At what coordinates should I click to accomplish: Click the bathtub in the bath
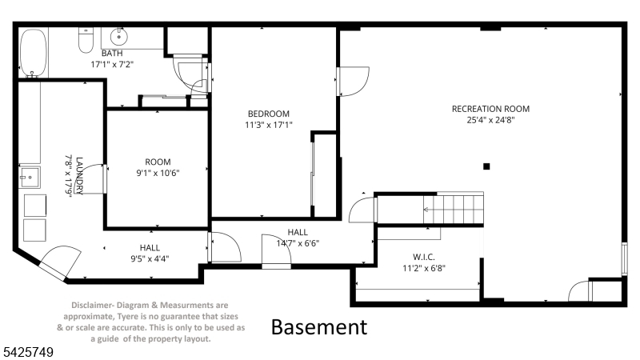pos(34,53)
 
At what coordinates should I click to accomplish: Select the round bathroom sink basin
pos(118,37)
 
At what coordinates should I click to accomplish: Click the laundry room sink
pos(30,177)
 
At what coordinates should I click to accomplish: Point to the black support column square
pos(486,166)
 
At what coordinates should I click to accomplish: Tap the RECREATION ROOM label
pos(490,109)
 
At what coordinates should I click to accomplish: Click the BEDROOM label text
pos(269,114)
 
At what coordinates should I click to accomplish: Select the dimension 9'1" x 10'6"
pos(158,173)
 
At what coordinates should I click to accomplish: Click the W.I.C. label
pos(424,257)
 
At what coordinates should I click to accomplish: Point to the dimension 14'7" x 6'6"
pos(298,243)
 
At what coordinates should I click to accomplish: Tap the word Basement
pos(319,327)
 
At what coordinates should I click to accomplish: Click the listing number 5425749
pos(29,352)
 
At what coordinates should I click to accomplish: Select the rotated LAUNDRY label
pos(79,175)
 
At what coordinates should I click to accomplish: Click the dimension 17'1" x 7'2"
pos(112,64)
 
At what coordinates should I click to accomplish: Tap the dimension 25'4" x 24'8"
pos(490,120)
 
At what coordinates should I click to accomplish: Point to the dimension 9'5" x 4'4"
pos(150,258)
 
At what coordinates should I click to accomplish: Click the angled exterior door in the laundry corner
pos(59,263)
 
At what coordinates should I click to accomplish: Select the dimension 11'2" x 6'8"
pos(424,268)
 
